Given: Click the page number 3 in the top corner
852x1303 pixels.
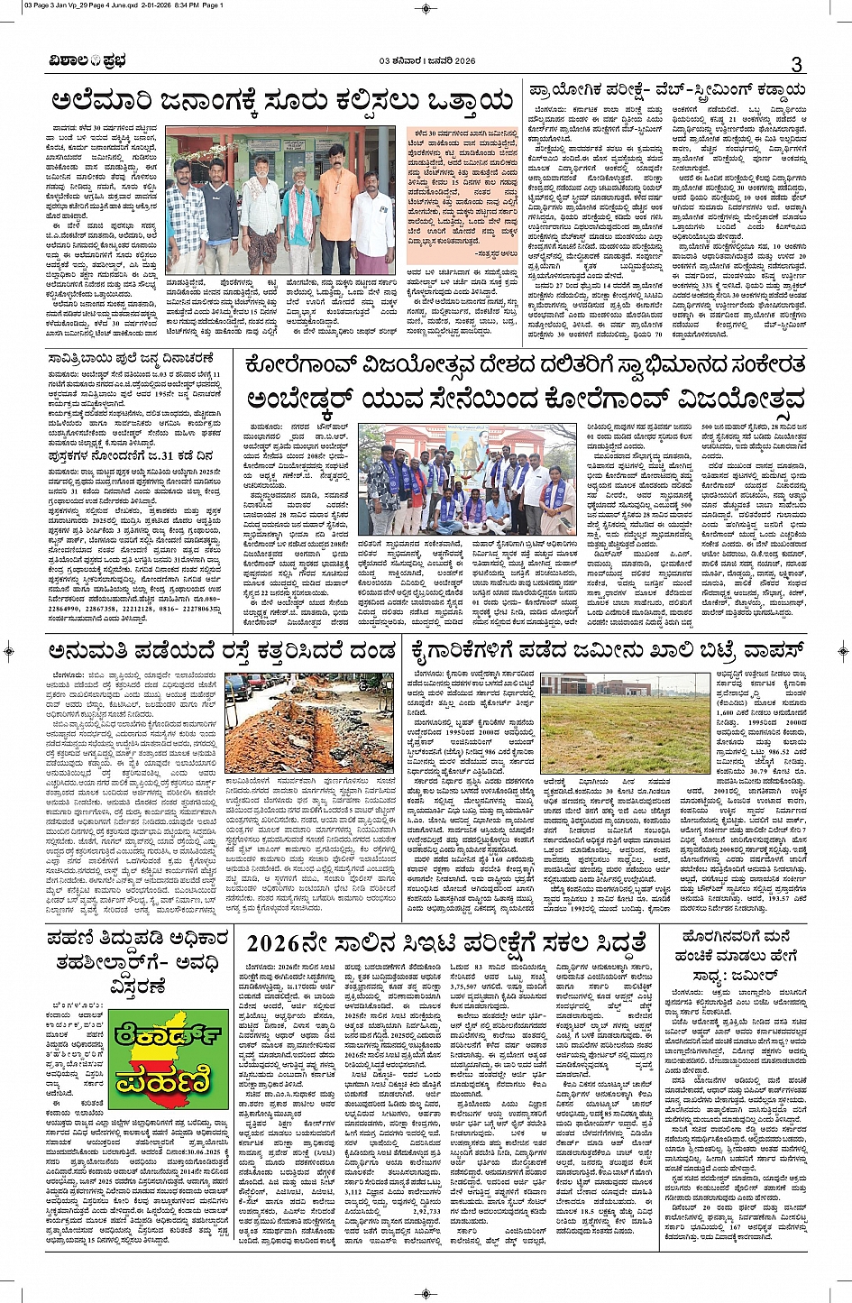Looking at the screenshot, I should pos(796,64).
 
